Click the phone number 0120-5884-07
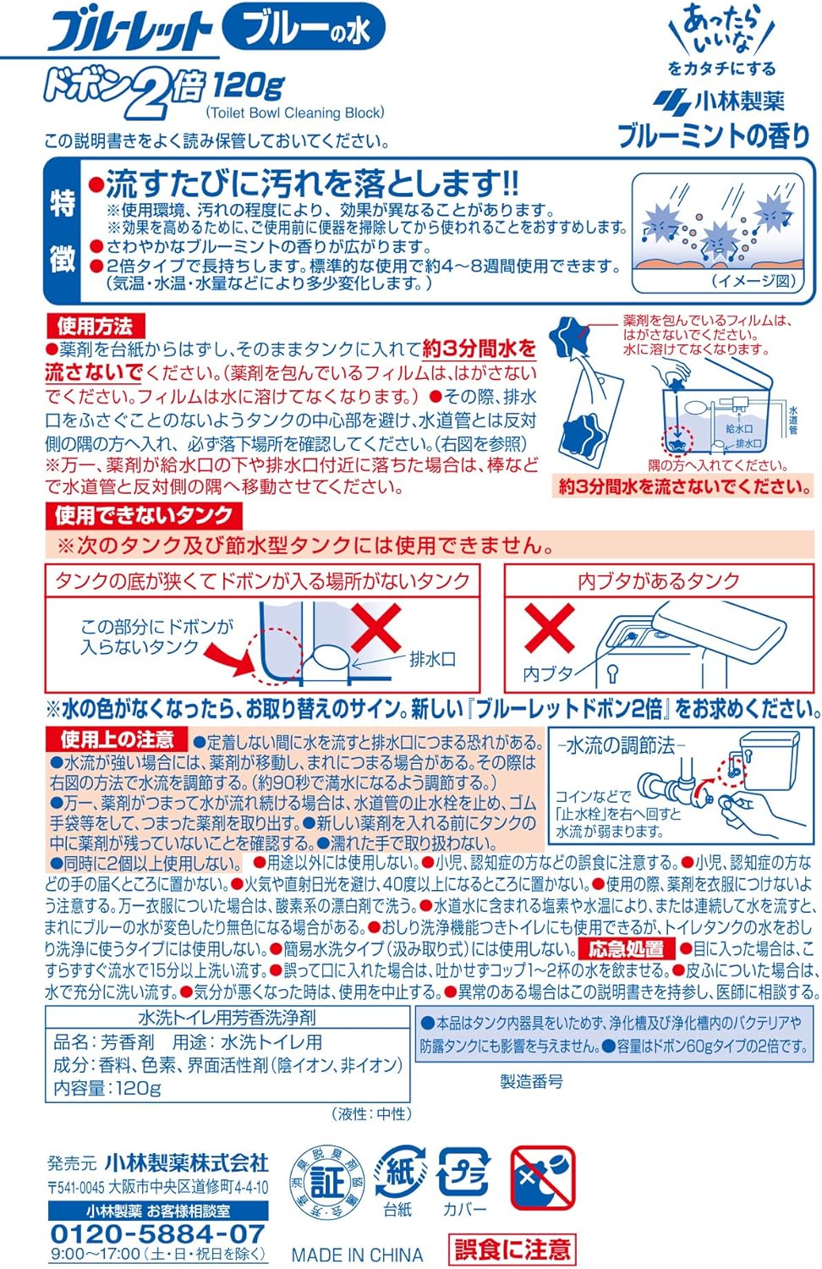(157, 1233)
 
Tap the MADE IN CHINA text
(357, 1255)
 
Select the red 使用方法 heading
(95, 326)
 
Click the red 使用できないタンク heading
(144, 515)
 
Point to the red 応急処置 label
(626, 948)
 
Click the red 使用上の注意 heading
(117, 739)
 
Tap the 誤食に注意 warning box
(512, 1248)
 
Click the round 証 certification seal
(328, 1181)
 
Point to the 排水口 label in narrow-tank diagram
(432, 659)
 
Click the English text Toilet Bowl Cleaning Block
(295, 113)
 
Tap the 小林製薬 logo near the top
(719, 101)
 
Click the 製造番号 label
(531, 1081)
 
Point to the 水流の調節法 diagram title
(621, 745)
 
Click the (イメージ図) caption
(753, 281)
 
